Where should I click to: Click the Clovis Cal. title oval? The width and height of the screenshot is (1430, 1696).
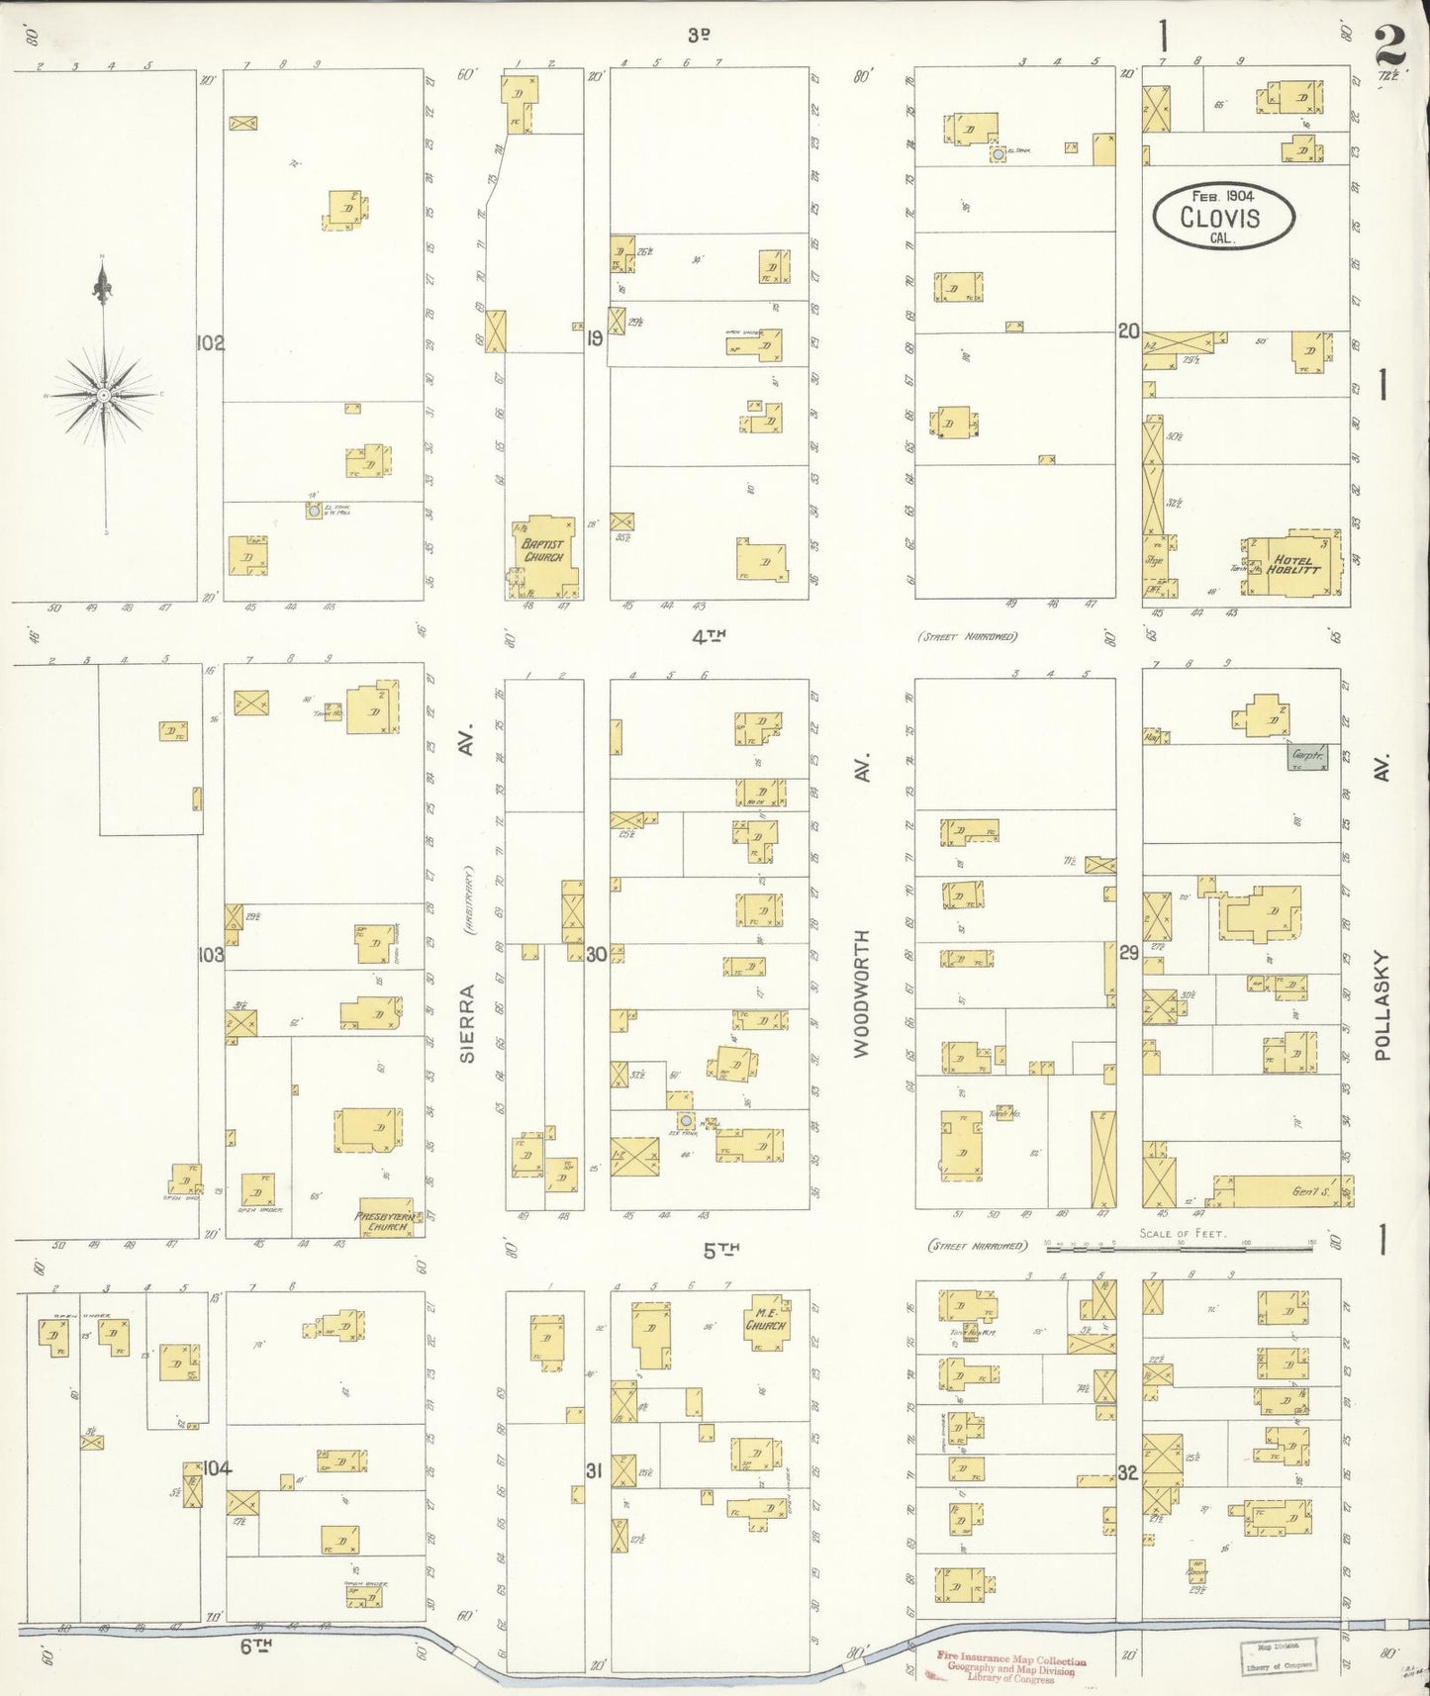tap(1222, 216)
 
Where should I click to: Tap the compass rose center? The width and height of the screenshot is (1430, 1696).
tap(103, 395)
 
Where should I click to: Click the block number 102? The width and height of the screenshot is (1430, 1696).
tap(211, 343)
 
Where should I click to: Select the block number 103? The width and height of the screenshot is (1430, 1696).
tap(211, 955)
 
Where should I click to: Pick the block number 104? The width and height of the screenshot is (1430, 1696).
tap(217, 1467)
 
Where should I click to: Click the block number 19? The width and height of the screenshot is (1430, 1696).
tap(595, 338)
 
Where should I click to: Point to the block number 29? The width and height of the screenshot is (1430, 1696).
tap(1129, 953)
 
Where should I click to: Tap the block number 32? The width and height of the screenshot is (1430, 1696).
tap(1127, 1472)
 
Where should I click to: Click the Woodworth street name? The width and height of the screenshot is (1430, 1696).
tap(862, 992)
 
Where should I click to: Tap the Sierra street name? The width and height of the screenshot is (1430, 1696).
tap(467, 1022)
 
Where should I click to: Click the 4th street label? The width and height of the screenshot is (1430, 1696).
tap(710, 638)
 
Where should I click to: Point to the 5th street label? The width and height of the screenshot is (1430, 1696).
tap(720, 1251)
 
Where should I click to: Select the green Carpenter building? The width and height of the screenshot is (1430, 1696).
tap(1307, 758)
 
